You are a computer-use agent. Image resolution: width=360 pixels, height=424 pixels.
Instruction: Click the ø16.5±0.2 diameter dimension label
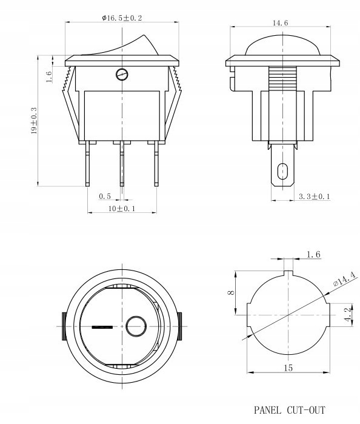pos(122,18)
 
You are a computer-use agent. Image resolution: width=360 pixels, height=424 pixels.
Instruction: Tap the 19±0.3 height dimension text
pos(34,121)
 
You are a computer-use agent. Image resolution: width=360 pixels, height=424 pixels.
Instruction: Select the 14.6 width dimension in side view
pos(280,23)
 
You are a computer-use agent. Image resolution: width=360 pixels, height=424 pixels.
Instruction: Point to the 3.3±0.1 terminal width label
pos(315,197)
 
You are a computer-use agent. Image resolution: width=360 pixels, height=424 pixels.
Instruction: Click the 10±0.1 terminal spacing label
pos(122,209)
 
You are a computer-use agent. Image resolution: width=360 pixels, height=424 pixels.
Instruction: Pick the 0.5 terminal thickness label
pos(105,197)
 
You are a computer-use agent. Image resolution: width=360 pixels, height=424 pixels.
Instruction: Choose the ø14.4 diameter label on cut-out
pos(344,279)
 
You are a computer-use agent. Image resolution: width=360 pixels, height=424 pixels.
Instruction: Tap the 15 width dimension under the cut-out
pos(288,368)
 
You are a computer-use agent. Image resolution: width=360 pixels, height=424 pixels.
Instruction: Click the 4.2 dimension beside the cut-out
pos(348,314)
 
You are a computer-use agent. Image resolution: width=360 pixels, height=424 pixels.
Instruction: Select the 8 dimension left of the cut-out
pos(231,292)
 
